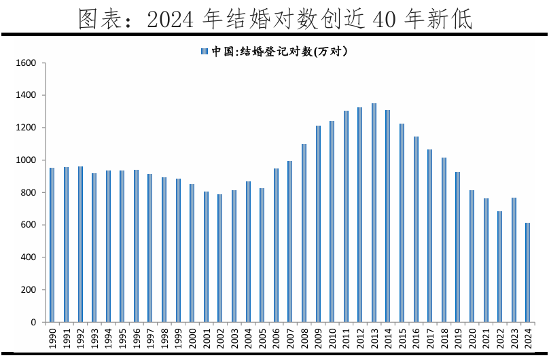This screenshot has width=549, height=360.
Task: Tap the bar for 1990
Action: [x=52, y=245]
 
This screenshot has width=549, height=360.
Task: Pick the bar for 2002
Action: [x=220, y=258]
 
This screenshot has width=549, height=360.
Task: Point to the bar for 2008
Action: [x=304, y=233]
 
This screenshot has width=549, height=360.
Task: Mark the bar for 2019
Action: [x=458, y=247]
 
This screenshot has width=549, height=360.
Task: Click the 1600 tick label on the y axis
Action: [x=26, y=63]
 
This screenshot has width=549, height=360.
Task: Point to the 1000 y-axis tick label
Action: [x=26, y=160]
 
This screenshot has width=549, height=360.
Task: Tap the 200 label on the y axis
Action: [x=28, y=290]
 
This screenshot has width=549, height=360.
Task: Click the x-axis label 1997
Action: [x=150, y=338]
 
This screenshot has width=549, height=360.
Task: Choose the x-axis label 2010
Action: [x=332, y=338]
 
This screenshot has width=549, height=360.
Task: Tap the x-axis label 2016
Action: [x=416, y=338]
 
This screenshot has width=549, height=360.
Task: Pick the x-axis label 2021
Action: [x=486, y=338]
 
